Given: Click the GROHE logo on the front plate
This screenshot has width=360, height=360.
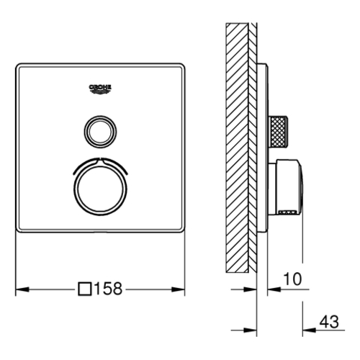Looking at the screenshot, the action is click(x=100, y=90).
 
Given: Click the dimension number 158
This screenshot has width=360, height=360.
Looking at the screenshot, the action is click(x=109, y=289).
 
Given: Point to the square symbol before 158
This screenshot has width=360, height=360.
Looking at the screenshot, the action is click(x=85, y=289).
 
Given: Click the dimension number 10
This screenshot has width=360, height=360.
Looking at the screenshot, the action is click(x=292, y=279).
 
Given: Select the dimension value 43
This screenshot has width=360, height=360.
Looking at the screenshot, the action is click(x=329, y=322).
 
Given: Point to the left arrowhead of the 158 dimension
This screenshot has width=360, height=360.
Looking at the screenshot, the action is click(x=22, y=289).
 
